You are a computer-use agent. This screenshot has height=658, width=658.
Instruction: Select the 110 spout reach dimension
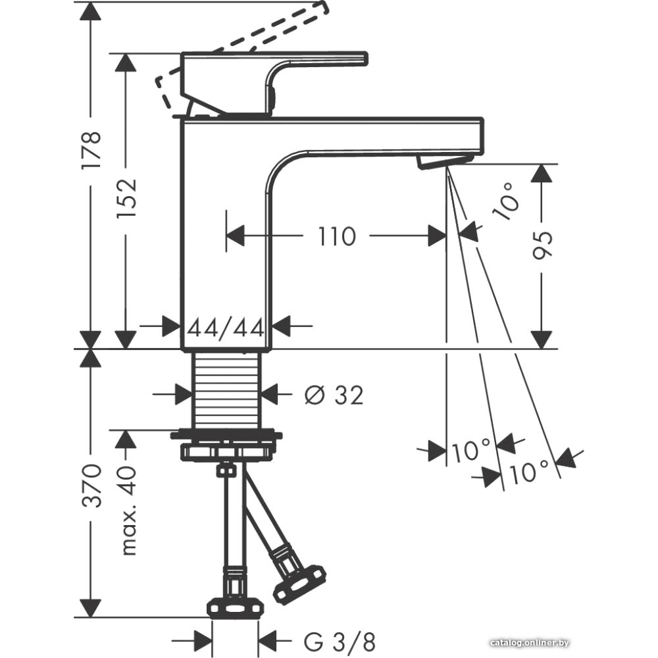tap(337, 236)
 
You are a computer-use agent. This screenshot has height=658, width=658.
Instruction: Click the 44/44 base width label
tap(226, 326)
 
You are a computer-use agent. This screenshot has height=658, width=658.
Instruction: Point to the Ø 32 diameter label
tap(334, 395)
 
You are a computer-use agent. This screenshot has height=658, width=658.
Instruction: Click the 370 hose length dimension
tap(91, 485)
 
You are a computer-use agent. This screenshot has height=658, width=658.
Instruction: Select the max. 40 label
tap(129, 511)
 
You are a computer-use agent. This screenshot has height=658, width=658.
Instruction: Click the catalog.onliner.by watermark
tap(530, 642)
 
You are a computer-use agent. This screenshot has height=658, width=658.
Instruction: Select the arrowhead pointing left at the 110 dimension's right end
tap(438, 236)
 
